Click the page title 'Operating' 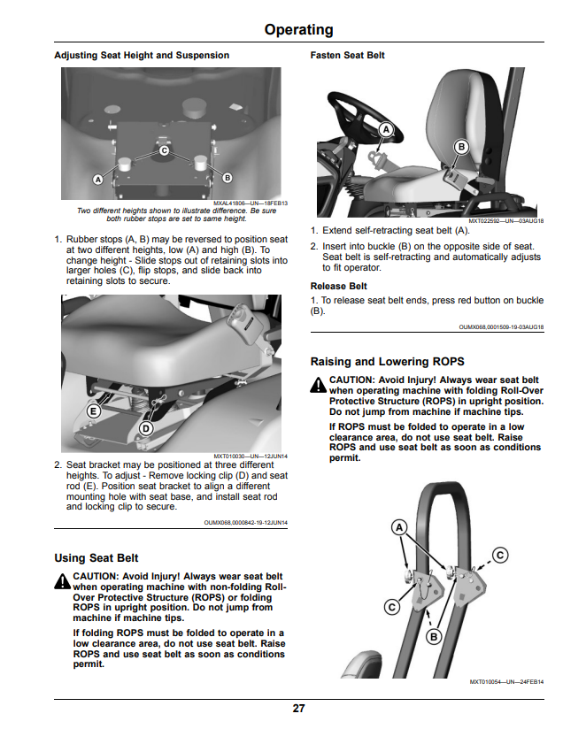[298, 30]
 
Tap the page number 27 [298, 708]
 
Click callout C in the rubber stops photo [164, 150]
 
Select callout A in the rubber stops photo [97, 179]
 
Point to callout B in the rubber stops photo [228, 178]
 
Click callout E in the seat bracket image [94, 411]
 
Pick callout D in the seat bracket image [146, 428]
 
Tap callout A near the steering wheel [386, 130]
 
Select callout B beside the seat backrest [461, 147]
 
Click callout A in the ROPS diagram [399, 527]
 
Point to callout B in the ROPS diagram [434, 636]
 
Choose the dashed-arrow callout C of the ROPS [500, 555]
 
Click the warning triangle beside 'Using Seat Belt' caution [62, 581]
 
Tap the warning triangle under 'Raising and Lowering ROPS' [319, 385]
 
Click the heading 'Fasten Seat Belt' [348, 56]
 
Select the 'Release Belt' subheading [339, 287]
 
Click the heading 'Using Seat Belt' [96, 558]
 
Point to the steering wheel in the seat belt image [366, 116]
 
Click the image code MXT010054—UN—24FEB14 [506, 682]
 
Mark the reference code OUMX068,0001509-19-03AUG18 [501, 327]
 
